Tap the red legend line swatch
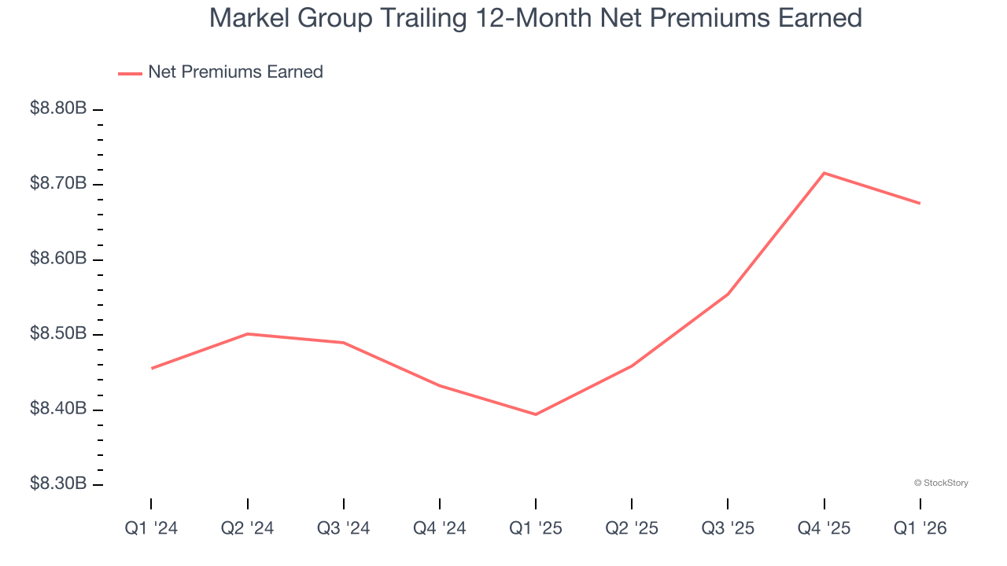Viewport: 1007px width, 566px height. click(x=129, y=73)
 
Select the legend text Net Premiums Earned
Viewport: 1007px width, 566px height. click(x=235, y=72)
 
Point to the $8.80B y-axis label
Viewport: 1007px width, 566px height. click(x=58, y=108)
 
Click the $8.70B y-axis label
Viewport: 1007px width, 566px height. click(x=58, y=184)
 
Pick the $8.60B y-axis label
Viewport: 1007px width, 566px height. click(x=58, y=259)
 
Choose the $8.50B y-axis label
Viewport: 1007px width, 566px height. click(x=58, y=334)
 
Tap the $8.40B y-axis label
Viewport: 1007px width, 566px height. click(x=58, y=409)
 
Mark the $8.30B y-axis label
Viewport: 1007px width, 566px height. click(x=58, y=483)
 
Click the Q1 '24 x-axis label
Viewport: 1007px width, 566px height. click(x=151, y=529)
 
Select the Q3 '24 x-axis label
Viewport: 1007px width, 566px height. click(x=343, y=529)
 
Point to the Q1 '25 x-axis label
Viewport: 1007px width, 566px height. click(x=536, y=529)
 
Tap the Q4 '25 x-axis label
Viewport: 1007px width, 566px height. click(x=824, y=529)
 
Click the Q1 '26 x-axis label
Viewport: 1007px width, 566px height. click(x=920, y=529)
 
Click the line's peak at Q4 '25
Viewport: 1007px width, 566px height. click(x=824, y=173)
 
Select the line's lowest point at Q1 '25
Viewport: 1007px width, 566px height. click(x=536, y=414)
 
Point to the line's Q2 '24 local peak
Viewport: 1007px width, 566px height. click(x=248, y=334)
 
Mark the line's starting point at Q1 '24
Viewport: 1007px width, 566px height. click(x=151, y=368)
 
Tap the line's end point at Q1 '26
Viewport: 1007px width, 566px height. click(x=920, y=203)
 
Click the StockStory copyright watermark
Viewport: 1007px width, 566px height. click(x=941, y=483)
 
